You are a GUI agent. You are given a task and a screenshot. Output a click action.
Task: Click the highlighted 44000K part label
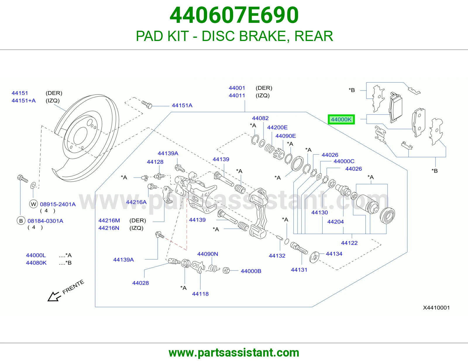341,119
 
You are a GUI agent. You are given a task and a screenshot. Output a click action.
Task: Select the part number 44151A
182,105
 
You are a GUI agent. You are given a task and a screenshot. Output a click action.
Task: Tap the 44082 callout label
260,118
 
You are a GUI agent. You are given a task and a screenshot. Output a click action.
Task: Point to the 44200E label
277,127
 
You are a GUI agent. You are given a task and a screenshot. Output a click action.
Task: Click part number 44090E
285,136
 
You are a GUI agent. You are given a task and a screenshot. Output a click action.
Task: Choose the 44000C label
344,161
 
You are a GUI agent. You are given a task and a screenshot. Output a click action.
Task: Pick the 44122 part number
349,243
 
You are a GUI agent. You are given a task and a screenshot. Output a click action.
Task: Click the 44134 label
334,254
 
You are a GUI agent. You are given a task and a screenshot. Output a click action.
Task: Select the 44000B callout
251,271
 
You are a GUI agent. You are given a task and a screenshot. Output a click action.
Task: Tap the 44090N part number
208,254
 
